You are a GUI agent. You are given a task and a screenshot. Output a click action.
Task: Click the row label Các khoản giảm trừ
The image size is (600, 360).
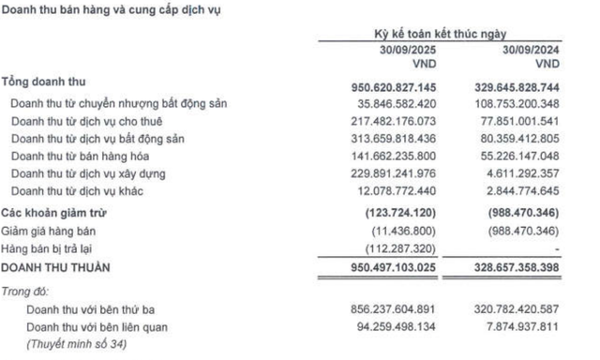[55, 212]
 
